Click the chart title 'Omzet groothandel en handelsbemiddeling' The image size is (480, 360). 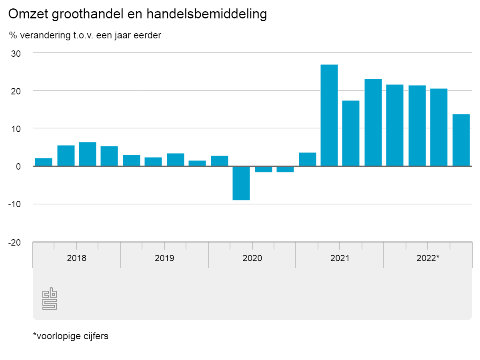pos(137,14)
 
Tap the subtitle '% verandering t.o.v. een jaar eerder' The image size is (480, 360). pos(85,35)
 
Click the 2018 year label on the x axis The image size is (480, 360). pos(76,258)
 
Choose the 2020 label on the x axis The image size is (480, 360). pos(252,258)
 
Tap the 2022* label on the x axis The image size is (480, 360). pos(428,258)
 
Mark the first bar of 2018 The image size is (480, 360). pos(44,162)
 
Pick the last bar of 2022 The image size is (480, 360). pos(461,140)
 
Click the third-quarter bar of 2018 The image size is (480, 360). pos(88,154)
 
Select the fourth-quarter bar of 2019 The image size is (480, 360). pos(197,163)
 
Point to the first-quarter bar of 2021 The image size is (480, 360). pos(307,159)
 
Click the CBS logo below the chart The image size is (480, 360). pos(50,300)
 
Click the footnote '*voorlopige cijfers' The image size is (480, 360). pos(70,336)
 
